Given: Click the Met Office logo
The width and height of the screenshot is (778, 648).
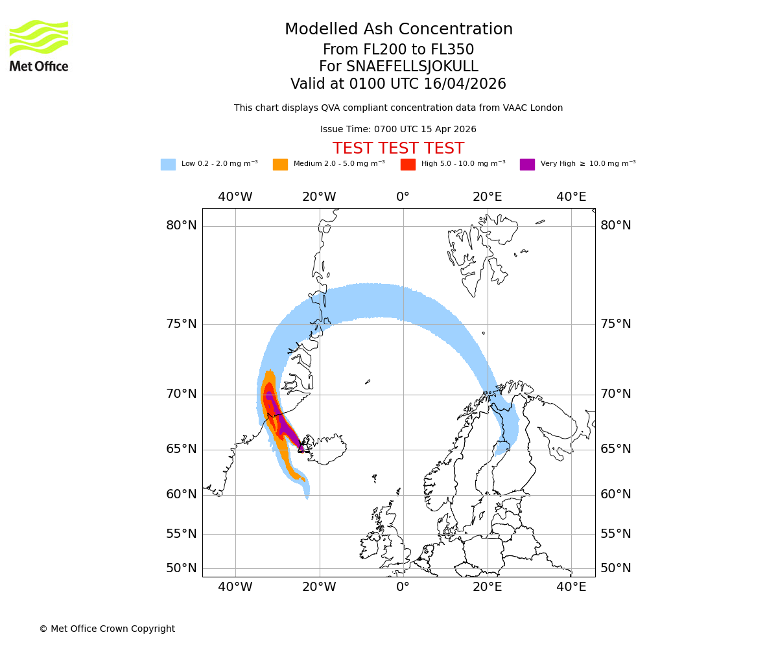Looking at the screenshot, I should (x=39, y=45).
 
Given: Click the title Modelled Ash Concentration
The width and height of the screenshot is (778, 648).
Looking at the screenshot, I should (x=399, y=29).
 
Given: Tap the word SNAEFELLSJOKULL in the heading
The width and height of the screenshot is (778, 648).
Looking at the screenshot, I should (x=412, y=67).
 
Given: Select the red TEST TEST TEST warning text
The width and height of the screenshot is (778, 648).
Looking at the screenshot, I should (x=398, y=148).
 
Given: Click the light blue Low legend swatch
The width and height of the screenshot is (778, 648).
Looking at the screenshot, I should (x=168, y=165).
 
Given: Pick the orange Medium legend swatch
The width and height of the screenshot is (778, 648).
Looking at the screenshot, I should (x=280, y=165).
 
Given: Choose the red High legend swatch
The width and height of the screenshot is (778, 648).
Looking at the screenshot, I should (x=408, y=165).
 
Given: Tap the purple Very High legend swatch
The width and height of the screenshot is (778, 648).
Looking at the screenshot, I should (x=527, y=165).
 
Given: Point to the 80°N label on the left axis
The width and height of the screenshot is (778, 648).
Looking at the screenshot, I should (x=182, y=226).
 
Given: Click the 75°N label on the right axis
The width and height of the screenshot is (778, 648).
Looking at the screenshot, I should (x=615, y=324).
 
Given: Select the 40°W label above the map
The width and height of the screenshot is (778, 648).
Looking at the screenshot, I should (x=235, y=197).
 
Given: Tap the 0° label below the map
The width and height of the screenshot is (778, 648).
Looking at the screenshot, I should (x=403, y=587).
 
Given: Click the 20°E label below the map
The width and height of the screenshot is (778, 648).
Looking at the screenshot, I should (x=487, y=587).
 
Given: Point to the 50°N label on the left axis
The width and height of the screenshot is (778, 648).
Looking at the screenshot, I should (x=182, y=568).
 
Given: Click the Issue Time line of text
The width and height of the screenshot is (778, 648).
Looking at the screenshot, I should (x=398, y=130).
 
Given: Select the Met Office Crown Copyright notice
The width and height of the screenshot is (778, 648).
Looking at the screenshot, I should (x=107, y=629).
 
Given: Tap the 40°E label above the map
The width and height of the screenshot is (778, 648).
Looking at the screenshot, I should (x=571, y=197).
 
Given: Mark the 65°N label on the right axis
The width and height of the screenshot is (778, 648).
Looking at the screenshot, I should (x=615, y=449).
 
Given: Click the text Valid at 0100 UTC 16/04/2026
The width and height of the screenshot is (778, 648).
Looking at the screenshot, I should (x=398, y=84).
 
